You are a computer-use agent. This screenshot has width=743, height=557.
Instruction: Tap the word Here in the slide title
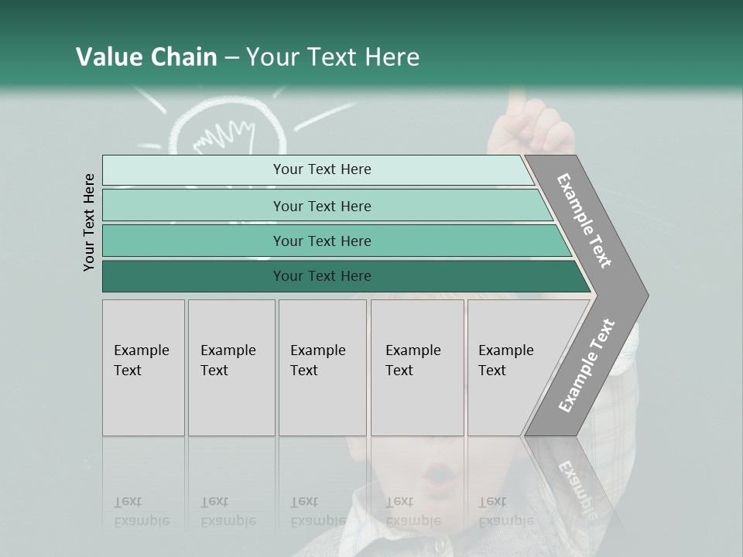pyautogui.click(x=392, y=57)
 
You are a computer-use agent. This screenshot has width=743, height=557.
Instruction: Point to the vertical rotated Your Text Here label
pyautogui.click(x=89, y=222)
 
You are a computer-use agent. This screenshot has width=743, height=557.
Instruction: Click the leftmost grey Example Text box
pyautogui.click(x=143, y=367)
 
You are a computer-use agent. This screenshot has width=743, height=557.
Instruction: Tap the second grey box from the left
pyautogui.click(x=231, y=367)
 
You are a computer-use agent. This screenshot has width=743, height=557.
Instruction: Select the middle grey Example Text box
pyautogui.click(x=322, y=367)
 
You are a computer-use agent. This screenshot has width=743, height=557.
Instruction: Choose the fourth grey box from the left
pyautogui.click(x=417, y=367)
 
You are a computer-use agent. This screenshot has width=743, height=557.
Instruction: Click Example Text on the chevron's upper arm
pyautogui.click(x=584, y=220)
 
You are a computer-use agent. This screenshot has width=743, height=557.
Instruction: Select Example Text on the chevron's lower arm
pyautogui.click(x=586, y=367)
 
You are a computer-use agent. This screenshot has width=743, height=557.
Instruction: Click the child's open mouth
pyautogui.click(x=439, y=473)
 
